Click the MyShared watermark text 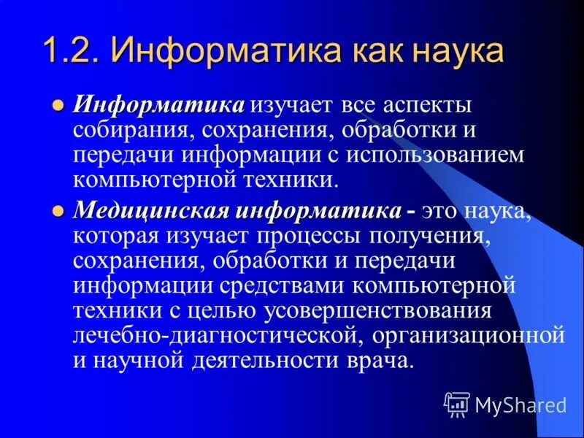click(520, 404)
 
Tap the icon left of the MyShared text click(457, 403)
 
